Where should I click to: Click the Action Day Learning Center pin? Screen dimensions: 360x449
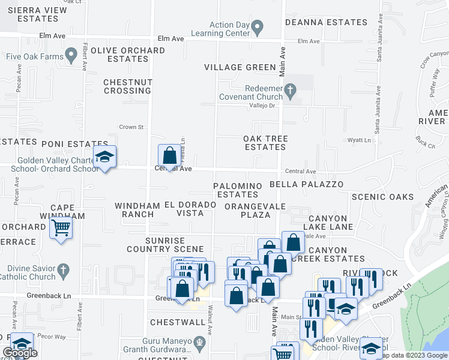pos(258,27)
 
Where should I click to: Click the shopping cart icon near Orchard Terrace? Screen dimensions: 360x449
pos(61,228)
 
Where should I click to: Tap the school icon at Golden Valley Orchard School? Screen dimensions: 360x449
pos(104,157)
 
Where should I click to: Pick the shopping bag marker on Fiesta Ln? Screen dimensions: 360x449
pos(170,155)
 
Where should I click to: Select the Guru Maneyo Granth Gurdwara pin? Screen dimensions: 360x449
pos(201,344)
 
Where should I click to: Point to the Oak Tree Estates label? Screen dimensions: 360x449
pos(265,143)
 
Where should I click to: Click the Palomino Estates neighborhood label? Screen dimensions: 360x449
pos(238,190)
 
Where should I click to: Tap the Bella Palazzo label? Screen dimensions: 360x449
pos(307,184)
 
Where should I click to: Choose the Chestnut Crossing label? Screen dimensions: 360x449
pos(127,86)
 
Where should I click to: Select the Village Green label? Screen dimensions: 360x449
pos(240,67)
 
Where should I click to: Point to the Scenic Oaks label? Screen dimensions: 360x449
pos(382,197)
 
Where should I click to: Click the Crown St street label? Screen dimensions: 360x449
pos(132,127)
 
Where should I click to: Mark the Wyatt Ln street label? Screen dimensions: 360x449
pos(359,140)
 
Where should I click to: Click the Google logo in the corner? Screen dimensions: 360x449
pos(20,353)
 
